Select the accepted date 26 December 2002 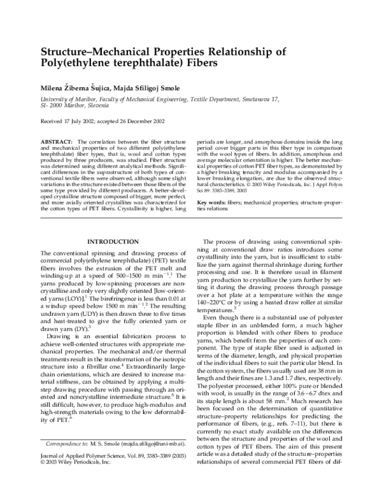[x=138, y=120]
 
